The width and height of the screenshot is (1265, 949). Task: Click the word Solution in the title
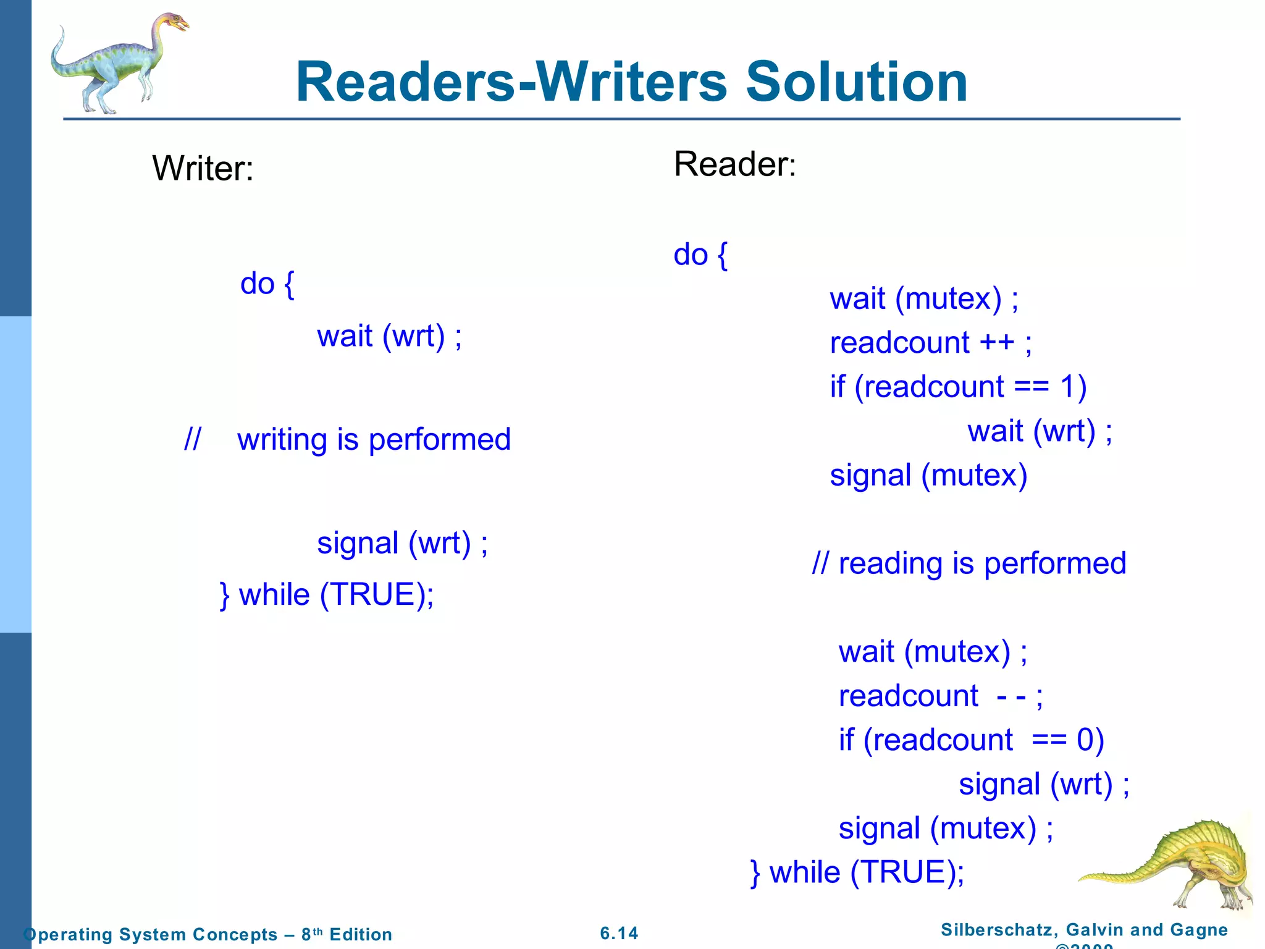click(856, 82)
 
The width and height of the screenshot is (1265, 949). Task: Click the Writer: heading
click(203, 168)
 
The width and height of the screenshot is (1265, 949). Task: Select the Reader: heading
click(734, 164)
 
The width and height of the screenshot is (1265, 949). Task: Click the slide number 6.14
click(619, 933)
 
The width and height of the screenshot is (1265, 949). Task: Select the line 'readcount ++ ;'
click(930, 343)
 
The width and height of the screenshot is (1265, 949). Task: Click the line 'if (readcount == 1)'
click(958, 387)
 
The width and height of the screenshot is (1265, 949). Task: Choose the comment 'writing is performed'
click(374, 440)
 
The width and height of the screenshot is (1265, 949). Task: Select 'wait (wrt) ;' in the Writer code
click(389, 337)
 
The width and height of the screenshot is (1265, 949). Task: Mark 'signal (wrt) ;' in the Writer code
click(402, 544)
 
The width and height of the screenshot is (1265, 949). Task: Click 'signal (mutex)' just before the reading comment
click(928, 476)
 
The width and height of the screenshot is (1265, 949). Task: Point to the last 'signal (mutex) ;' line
click(946, 829)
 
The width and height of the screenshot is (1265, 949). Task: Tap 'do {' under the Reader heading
click(700, 255)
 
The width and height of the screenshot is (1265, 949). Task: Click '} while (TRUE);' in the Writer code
click(327, 595)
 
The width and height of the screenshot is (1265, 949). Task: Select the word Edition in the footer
click(361, 934)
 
